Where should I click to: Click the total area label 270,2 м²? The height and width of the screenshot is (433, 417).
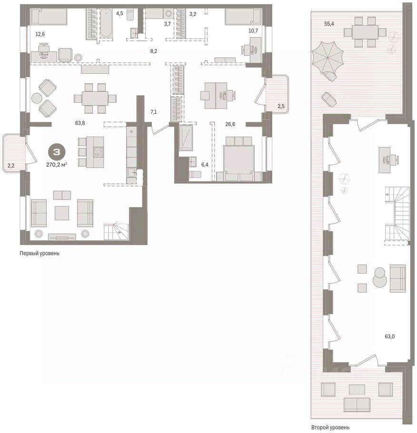click(57, 165)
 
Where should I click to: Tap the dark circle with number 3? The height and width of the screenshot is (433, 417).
click(57, 152)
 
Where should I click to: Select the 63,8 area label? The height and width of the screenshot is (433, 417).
click(80, 123)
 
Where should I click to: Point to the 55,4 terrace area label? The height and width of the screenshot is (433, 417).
click(329, 24)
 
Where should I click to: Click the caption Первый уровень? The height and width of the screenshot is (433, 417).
click(40, 253)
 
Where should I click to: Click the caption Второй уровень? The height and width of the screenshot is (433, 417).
click(330, 427)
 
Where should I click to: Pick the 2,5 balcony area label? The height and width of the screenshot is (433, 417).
click(281, 106)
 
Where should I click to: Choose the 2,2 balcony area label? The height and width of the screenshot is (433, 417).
click(11, 166)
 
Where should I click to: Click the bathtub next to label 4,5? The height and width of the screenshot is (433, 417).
click(106, 23)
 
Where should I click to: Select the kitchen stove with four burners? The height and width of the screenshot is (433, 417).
click(99, 152)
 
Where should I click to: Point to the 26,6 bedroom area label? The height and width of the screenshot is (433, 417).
click(230, 124)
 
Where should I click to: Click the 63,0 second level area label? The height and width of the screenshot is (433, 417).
click(390, 336)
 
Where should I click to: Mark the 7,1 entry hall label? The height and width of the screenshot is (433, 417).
click(153, 112)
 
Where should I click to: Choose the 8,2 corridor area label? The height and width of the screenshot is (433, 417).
click(154, 51)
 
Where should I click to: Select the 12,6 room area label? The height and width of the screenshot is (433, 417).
click(40, 34)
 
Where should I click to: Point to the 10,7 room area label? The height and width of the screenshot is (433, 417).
click(253, 30)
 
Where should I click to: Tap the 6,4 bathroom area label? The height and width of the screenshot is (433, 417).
click(205, 165)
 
